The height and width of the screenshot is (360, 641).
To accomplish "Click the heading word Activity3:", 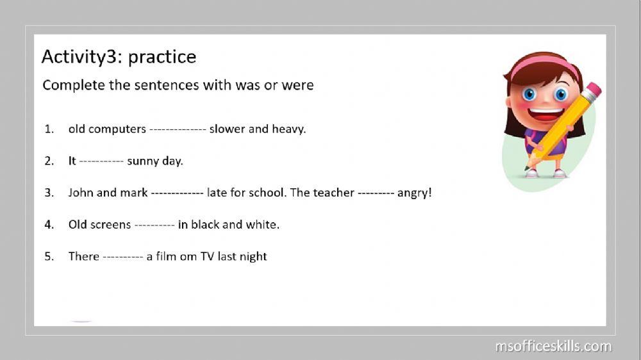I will coord(83,57).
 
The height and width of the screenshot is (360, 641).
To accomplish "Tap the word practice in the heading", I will coord(162,57).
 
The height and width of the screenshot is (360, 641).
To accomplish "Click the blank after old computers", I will coord(178,129).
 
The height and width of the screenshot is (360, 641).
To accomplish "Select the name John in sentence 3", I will coord(81,192).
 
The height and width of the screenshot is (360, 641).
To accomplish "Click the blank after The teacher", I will coord(376,192).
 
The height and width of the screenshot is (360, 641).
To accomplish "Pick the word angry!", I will coord(415,192).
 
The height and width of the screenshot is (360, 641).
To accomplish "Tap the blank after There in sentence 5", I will coord(122,257).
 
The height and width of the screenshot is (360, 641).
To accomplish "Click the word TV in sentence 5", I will coord(207,257).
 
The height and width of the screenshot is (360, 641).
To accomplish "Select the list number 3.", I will coord(49,192).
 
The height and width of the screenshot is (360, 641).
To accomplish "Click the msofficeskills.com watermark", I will coord(553,347).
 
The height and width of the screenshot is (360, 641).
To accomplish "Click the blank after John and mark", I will coord(178,192).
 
